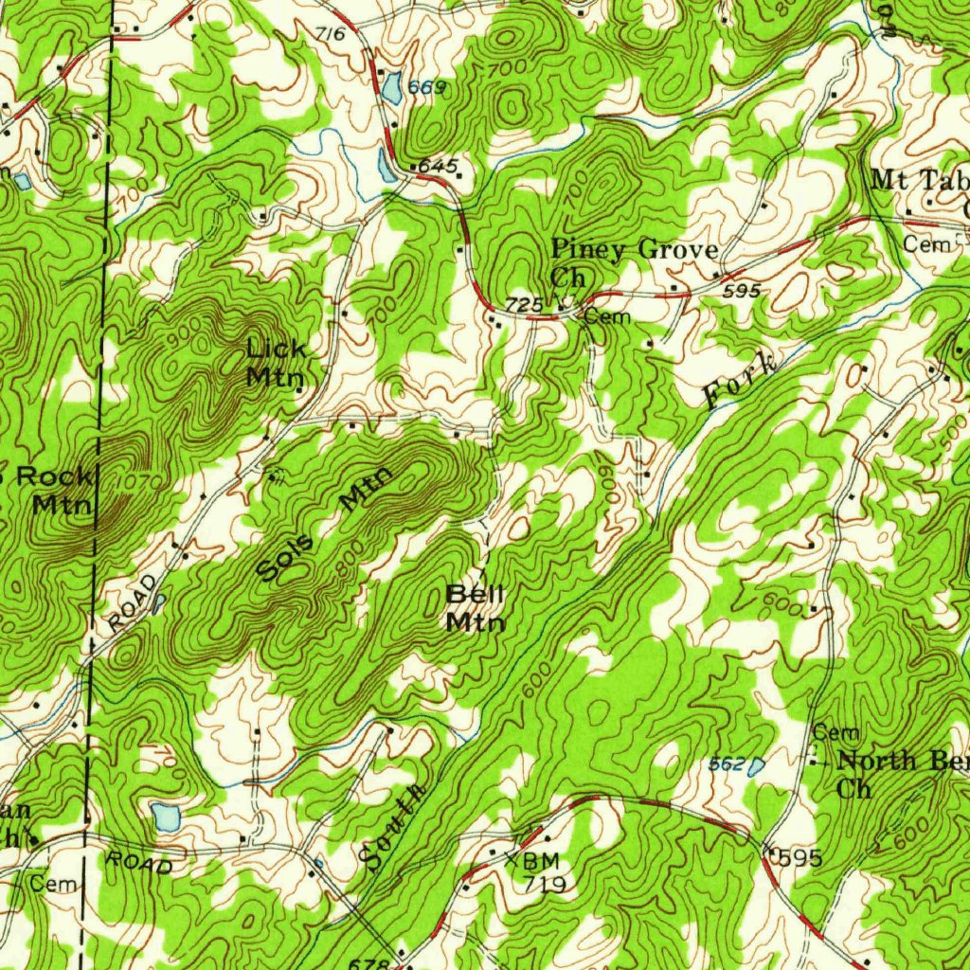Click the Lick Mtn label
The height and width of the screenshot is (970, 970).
coord(276,362)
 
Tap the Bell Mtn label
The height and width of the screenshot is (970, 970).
coord(476,608)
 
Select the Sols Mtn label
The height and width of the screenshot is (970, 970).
coord(324,527)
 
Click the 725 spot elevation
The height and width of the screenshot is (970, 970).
coord(524,305)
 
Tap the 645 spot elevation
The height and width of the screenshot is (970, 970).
coord(437,167)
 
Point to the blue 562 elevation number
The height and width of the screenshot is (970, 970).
coord(727,763)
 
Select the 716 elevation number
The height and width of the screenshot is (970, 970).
coord(329,35)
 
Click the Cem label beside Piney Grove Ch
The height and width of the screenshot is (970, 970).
coord(607,316)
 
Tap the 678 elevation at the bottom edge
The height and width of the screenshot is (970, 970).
coord(369,962)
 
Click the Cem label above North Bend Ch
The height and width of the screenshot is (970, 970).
coord(836,732)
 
